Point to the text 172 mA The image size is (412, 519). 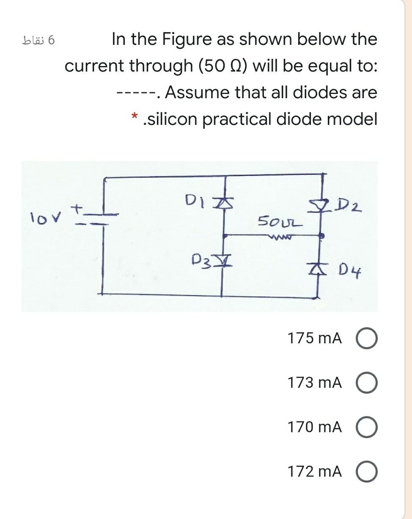click(x=314, y=471)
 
